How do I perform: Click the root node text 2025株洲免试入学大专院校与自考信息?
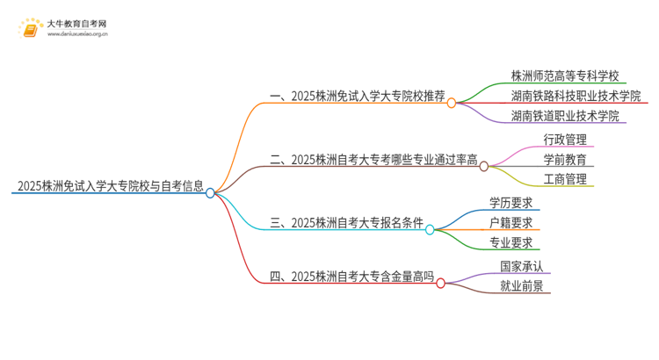point(110,186)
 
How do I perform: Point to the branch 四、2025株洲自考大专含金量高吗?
point(351,277)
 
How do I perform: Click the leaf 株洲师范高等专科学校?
point(565,76)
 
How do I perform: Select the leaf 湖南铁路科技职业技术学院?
point(576,96)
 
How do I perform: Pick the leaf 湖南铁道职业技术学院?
point(565,116)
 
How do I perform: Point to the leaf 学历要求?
point(511,204)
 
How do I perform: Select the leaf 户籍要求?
point(511,224)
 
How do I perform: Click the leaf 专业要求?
point(511,243)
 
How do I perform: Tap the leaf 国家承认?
point(522,266)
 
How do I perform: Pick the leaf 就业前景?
point(522,286)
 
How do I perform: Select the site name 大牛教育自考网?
point(77,24)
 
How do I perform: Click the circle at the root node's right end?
point(211,193)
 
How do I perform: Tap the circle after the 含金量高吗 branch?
point(441,283)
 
